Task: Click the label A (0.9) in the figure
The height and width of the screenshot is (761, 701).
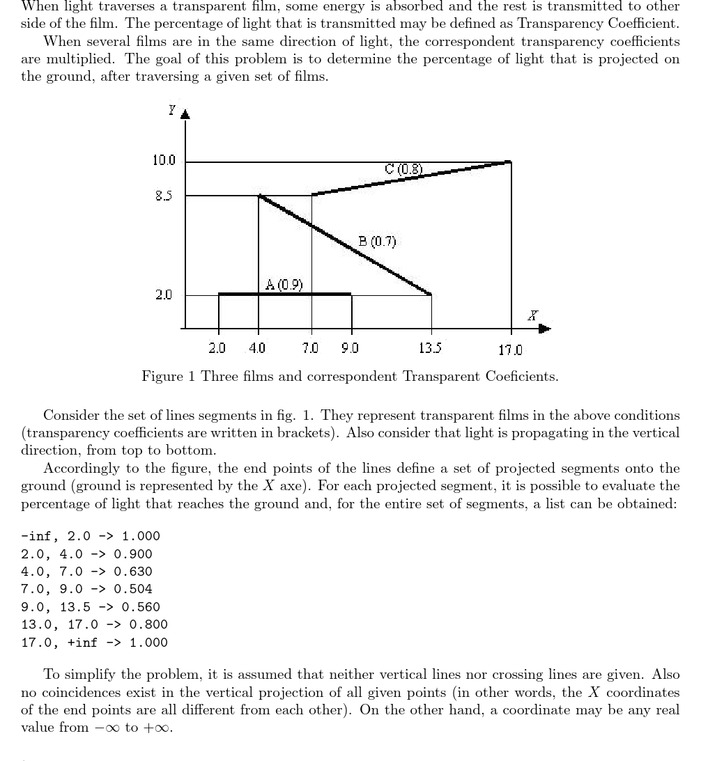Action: click(284, 284)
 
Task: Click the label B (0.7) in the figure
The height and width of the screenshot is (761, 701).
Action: click(377, 242)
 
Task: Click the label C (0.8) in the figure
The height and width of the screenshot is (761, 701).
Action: click(403, 168)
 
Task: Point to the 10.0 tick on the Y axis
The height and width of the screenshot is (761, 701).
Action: click(164, 161)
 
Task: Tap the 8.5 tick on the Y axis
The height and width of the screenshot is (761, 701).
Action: click(164, 196)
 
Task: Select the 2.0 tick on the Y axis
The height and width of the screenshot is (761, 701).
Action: click(164, 295)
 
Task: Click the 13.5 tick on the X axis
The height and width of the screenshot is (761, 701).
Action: click(431, 348)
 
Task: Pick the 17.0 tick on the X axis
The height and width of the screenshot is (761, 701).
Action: click(510, 350)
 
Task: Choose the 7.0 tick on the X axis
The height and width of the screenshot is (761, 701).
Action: click(311, 348)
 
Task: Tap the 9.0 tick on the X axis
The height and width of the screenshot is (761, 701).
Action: click(350, 348)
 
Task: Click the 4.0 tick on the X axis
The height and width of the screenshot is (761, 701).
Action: click(257, 348)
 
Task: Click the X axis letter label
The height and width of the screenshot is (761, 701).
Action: click(532, 315)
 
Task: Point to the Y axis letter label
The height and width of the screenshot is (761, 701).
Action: click(171, 109)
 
